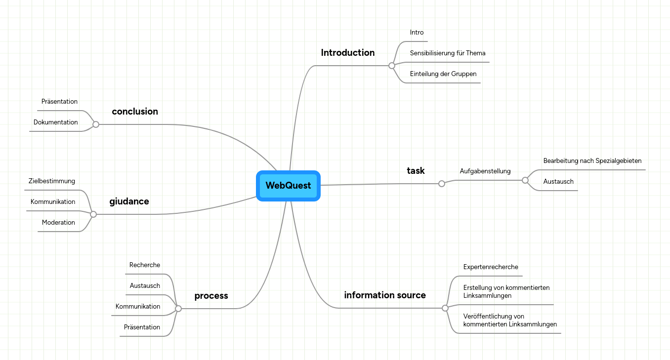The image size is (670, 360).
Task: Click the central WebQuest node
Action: coord(288,186)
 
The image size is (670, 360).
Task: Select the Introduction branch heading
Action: coord(347,53)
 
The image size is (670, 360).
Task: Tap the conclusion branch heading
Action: coord(135,112)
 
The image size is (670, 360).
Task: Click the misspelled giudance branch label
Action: coord(129,201)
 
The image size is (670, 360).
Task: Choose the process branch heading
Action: coord(211,296)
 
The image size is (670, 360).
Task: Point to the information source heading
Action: coord(384,295)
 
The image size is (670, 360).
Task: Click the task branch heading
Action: coord(416,171)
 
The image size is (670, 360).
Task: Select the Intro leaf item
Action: coord(417,33)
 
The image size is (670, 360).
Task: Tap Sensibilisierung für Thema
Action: coord(447,53)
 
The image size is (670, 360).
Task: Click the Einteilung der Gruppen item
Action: coord(443,74)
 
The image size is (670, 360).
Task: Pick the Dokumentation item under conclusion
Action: coord(55,122)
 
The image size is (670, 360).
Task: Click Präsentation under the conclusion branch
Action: coord(59,102)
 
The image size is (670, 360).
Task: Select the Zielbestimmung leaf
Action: coord(51,181)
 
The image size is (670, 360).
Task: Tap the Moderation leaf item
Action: coord(58,223)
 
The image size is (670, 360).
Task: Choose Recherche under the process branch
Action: coord(144,265)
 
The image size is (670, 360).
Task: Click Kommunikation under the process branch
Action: coord(137,307)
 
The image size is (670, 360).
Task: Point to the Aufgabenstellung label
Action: coord(485,171)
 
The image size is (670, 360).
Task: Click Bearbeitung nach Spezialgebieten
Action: coord(592,161)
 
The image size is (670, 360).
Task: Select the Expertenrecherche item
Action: coord(490,267)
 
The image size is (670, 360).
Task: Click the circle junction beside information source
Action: coord(445,308)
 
